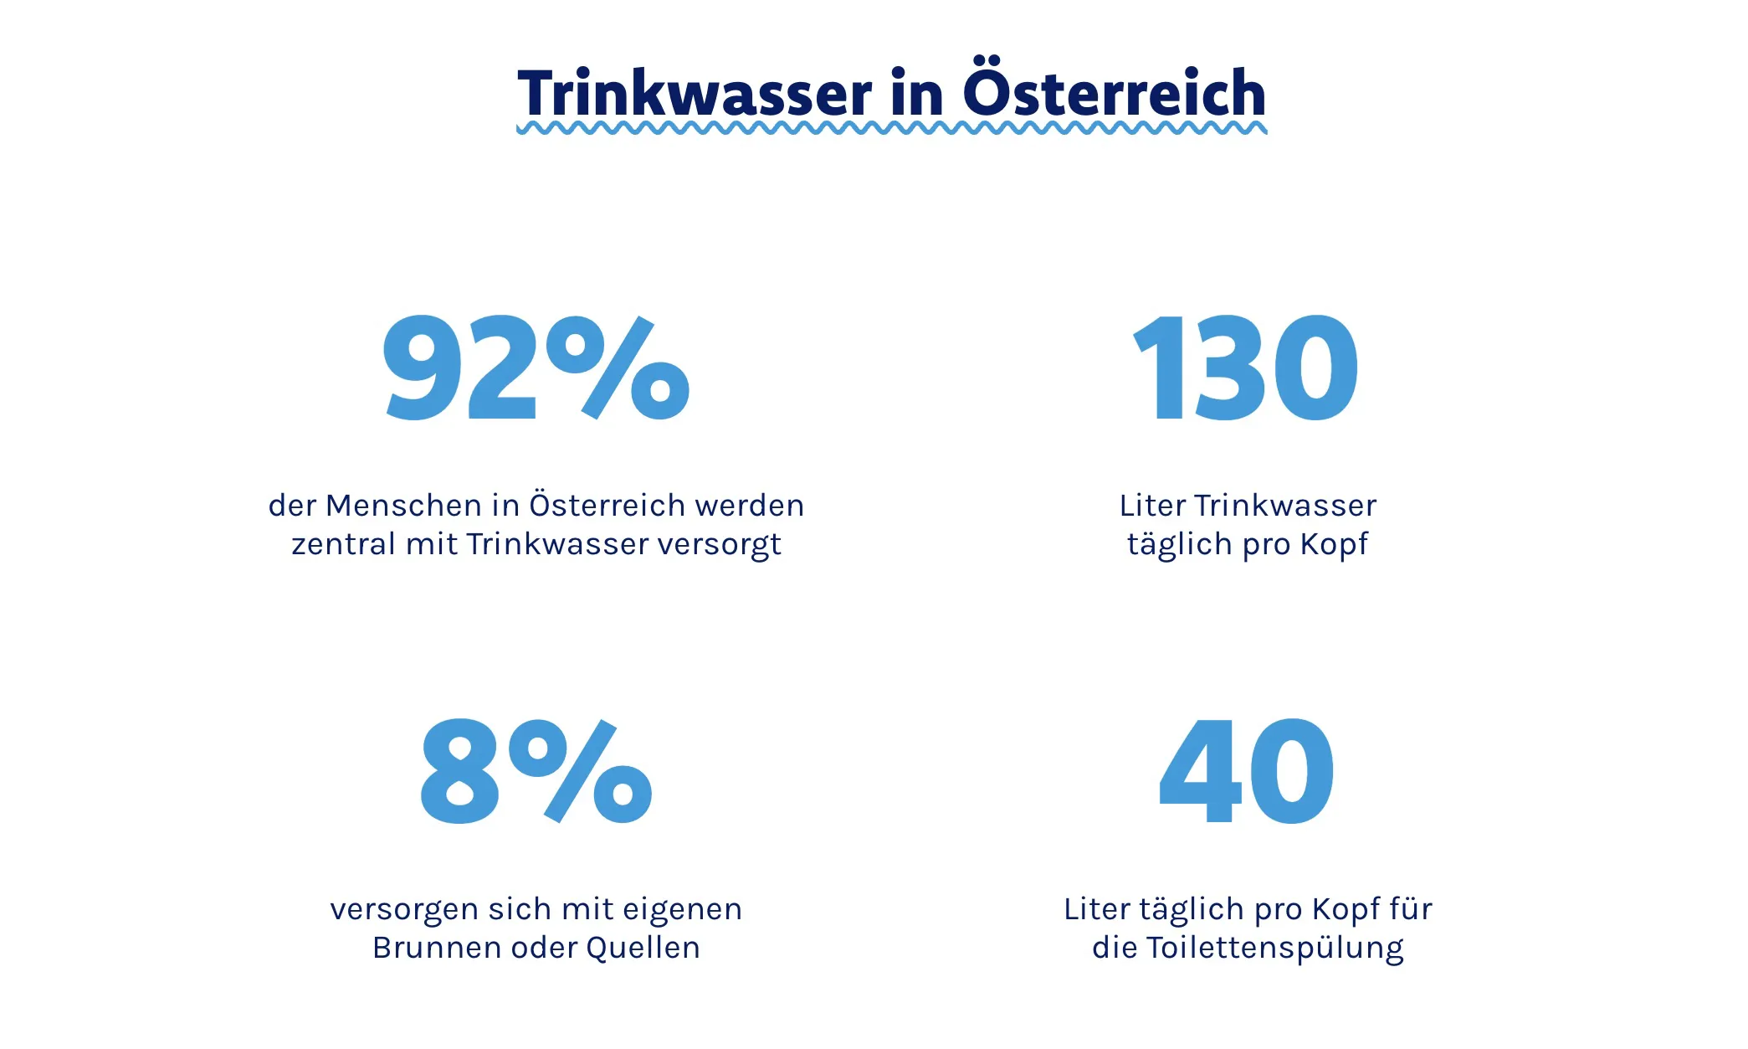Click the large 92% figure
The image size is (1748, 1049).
click(536, 368)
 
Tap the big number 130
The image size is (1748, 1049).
click(1245, 368)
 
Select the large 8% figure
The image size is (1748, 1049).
click(536, 771)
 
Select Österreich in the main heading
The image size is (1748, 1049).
click(1114, 92)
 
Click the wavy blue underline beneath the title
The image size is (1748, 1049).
click(891, 129)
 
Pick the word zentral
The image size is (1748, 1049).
click(343, 544)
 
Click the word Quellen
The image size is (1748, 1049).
click(643, 948)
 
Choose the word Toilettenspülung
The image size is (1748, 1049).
click(1274, 949)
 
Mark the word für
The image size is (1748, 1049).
click(1410, 909)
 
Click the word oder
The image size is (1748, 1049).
click(543, 948)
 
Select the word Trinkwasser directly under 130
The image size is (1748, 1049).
click(1284, 506)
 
